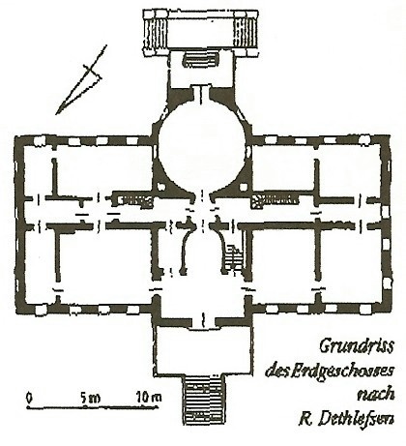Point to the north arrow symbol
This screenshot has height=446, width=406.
coord(80,80)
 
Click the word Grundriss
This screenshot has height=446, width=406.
coord(357,346)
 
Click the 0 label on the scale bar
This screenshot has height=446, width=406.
coord(29,398)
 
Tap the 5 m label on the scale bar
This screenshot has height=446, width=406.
coord(91,398)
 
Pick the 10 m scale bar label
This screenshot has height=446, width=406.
coord(149,398)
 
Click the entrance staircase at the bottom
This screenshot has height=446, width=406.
coord(203,400)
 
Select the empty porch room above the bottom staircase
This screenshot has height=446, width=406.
coord(203,351)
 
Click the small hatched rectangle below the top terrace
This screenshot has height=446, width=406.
coord(201,60)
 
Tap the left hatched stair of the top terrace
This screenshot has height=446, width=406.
coord(156,33)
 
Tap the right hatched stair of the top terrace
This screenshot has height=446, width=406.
coord(246,33)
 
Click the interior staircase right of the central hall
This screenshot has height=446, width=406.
coord(233,258)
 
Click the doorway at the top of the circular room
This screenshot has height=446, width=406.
coord(202,94)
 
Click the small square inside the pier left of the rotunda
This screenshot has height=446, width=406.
coord(160,187)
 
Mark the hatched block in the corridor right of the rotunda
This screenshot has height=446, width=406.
coord(275,199)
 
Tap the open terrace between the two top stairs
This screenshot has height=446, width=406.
coord(200,33)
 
